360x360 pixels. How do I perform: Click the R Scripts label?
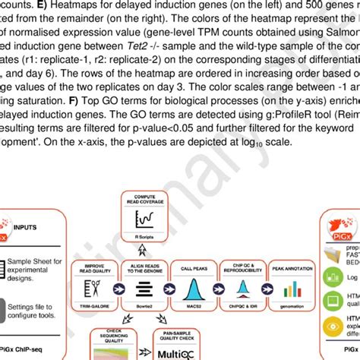(144, 238)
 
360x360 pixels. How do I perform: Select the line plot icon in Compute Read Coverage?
(143, 220)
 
